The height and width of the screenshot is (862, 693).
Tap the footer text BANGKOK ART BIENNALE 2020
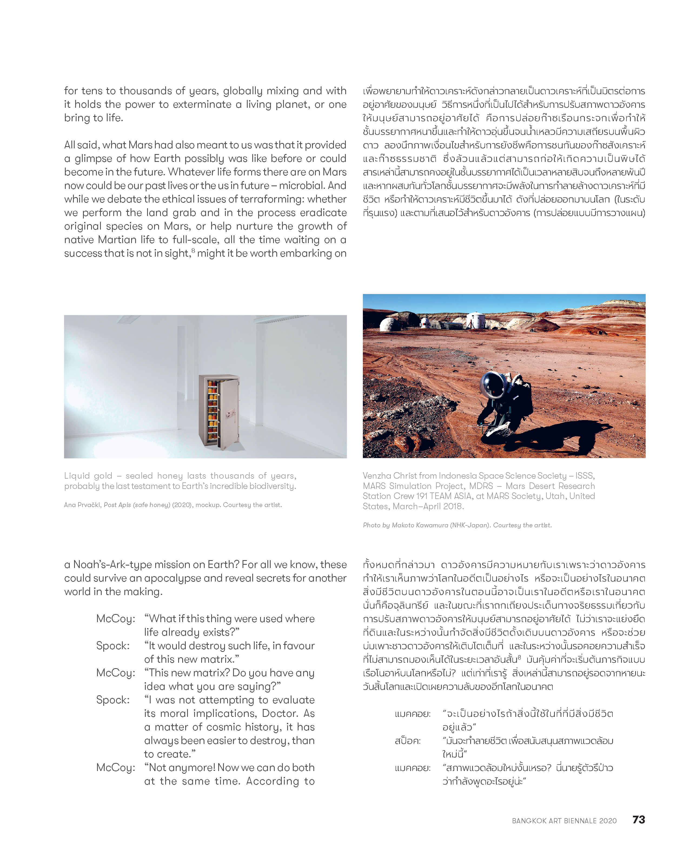(564, 821)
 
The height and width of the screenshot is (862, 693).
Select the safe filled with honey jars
(219, 412)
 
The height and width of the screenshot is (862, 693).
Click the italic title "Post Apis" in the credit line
(117, 505)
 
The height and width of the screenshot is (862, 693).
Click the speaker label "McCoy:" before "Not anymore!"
(115, 767)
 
